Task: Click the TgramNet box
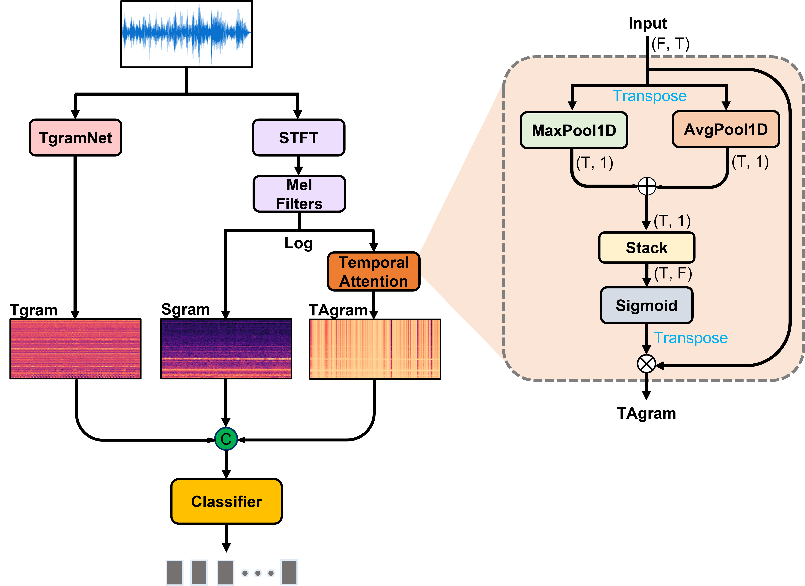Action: tap(75, 138)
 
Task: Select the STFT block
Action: tap(299, 138)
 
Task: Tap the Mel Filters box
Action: tap(299, 194)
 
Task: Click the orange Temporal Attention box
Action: tap(374, 272)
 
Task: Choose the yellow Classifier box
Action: tap(226, 501)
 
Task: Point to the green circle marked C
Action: tap(226, 439)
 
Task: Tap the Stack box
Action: tap(646, 248)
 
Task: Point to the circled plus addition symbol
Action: tap(647, 186)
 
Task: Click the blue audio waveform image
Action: tap(186, 34)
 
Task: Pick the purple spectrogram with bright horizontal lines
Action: tap(226, 349)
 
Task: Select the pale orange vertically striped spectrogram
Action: tap(375, 349)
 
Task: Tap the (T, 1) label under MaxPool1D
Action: tap(594, 163)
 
